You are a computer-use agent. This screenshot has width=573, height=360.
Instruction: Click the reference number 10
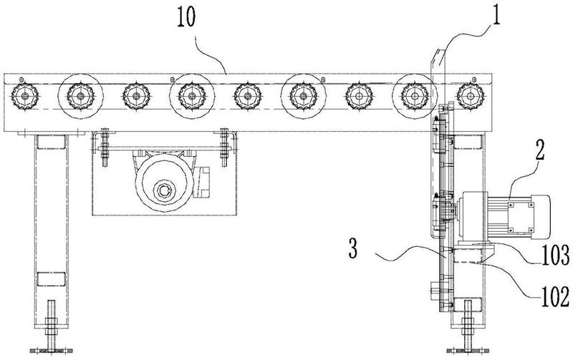click(x=186, y=17)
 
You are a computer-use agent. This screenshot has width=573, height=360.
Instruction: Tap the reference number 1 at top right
click(x=495, y=14)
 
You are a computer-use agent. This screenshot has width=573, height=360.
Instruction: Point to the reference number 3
click(x=352, y=249)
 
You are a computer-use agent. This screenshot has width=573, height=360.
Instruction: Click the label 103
click(x=555, y=255)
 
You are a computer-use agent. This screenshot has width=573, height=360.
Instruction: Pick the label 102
click(x=555, y=297)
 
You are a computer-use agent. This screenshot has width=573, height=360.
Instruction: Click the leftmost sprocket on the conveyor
click(x=24, y=96)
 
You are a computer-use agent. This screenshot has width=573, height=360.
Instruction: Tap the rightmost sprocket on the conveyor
click(x=471, y=96)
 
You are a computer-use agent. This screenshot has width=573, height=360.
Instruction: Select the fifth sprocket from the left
click(x=247, y=97)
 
